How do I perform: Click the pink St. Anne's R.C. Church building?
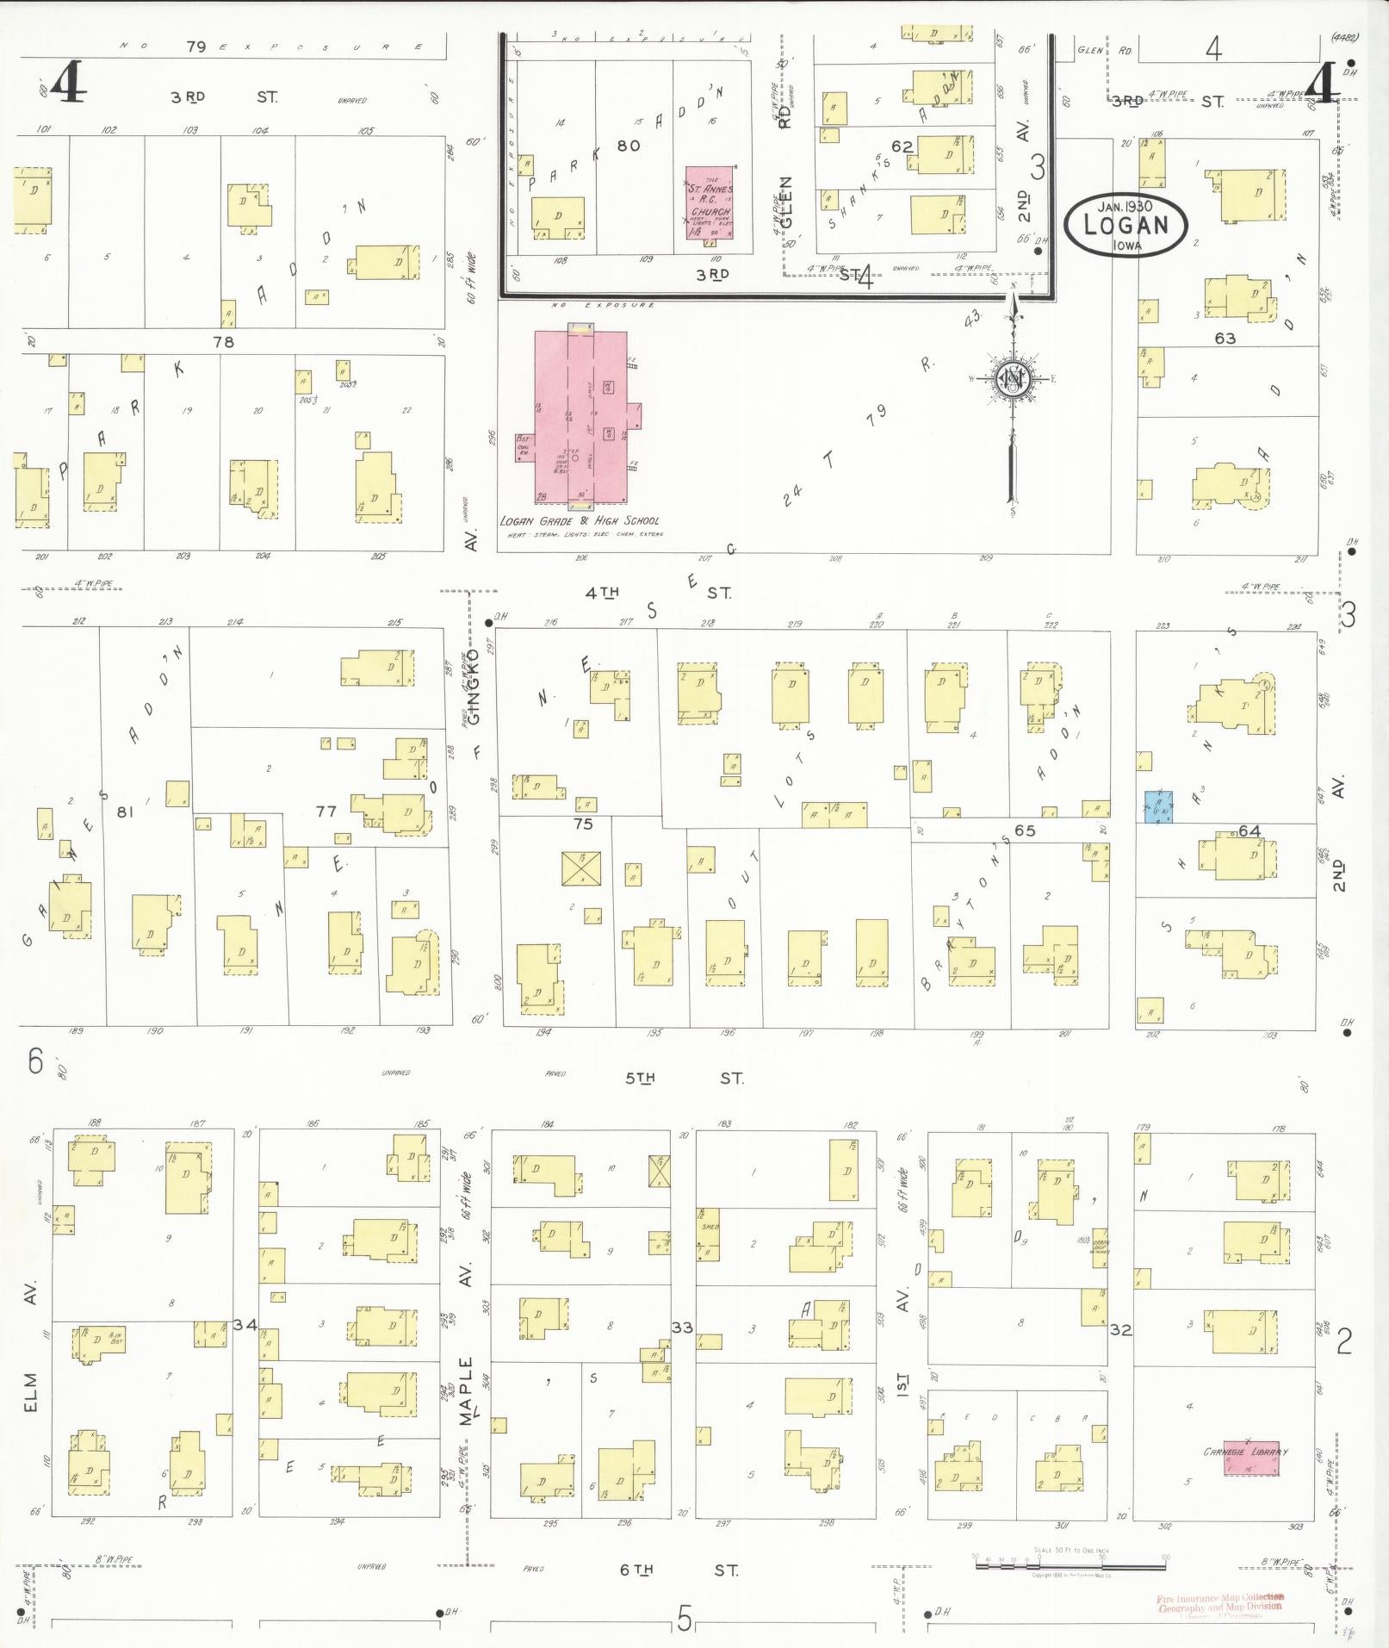pyautogui.click(x=710, y=203)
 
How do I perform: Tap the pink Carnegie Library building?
pyautogui.click(x=1249, y=1456)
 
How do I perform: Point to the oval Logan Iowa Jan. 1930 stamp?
pyautogui.click(x=1125, y=225)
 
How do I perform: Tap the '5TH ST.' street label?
pyautogui.click(x=685, y=1078)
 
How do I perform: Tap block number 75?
pyautogui.click(x=583, y=824)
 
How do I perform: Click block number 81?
pyautogui.click(x=127, y=811)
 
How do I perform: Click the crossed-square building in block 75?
pyautogui.click(x=580, y=868)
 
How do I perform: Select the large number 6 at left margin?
pyautogui.click(x=34, y=1061)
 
